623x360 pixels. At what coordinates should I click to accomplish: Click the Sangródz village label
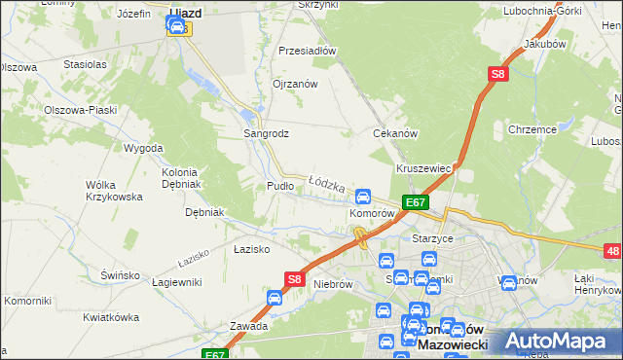coord(265,133)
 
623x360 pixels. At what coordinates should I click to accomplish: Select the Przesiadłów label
coord(307,51)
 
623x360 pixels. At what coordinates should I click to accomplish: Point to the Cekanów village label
coord(395,133)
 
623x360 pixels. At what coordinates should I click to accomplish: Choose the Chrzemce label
coord(531,128)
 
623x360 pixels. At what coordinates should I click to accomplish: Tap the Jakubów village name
coord(544,45)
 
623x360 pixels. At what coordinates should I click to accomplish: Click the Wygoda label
coord(143,148)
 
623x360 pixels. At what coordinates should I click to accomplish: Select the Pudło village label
coord(279,185)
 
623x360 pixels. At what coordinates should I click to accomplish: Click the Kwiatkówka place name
coord(108,317)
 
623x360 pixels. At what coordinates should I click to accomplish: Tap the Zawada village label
coord(248,326)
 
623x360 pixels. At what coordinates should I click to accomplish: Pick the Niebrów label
coord(332,284)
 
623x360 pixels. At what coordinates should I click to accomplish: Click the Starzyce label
coord(434,238)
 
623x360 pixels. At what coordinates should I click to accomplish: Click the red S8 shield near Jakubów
coord(497,73)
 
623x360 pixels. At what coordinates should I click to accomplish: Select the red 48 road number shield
coord(612,252)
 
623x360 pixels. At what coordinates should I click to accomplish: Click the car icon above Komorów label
coord(363,196)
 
